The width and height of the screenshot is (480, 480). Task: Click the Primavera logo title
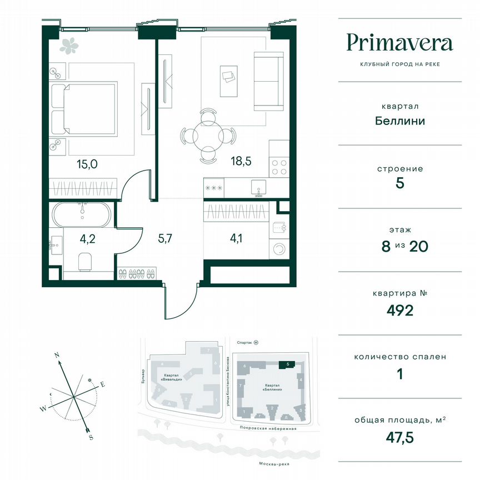tap(399, 43)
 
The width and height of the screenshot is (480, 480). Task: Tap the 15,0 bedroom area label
tap(87, 163)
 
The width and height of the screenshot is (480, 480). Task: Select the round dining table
tap(208, 134)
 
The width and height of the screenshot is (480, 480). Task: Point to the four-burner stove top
tap(279, 167)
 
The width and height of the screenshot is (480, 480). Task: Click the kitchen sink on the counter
tap(258, 186)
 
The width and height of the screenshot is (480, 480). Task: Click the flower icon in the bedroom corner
tap(70, 46)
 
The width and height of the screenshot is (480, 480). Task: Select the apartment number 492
tap(399, 310)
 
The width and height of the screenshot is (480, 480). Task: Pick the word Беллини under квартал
tap(399, 121)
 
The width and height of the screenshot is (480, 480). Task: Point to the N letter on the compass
tap(57, 354)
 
